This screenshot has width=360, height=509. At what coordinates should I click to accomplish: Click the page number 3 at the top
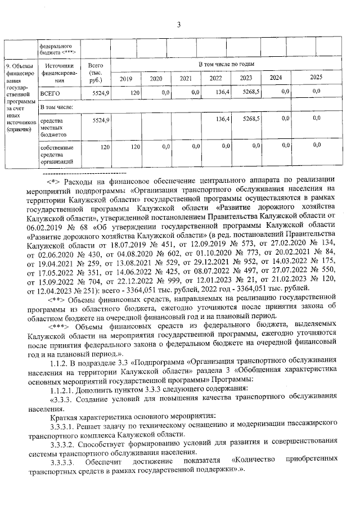179,24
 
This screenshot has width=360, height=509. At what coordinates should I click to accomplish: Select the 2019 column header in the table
125,78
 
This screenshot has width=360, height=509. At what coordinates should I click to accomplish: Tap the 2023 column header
245,78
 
